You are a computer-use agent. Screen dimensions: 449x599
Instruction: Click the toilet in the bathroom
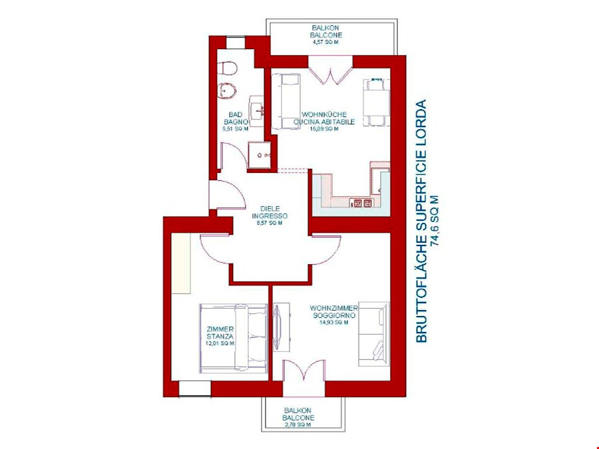(x=228, y=68)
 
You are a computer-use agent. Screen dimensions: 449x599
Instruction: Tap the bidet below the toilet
(x=228, y=90)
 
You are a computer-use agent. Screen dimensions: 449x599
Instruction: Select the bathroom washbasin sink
(x=256, y=110)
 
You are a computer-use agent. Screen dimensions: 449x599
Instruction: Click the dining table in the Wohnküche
(x=375, y=102)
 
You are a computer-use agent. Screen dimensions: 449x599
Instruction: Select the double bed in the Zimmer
(x=233, y=337)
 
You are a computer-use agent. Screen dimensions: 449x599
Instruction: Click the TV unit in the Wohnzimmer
(x=280, y=327)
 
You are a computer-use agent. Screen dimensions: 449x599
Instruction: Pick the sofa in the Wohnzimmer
(x=373, y=334)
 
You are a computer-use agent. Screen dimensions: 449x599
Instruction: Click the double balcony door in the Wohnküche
(x=330, y=70)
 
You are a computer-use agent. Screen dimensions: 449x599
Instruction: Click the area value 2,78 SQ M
(x=298, y=424)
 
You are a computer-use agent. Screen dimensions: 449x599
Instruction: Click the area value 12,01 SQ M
(x=220, y=345)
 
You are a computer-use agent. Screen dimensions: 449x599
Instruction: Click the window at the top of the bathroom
(x=235, y=43)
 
